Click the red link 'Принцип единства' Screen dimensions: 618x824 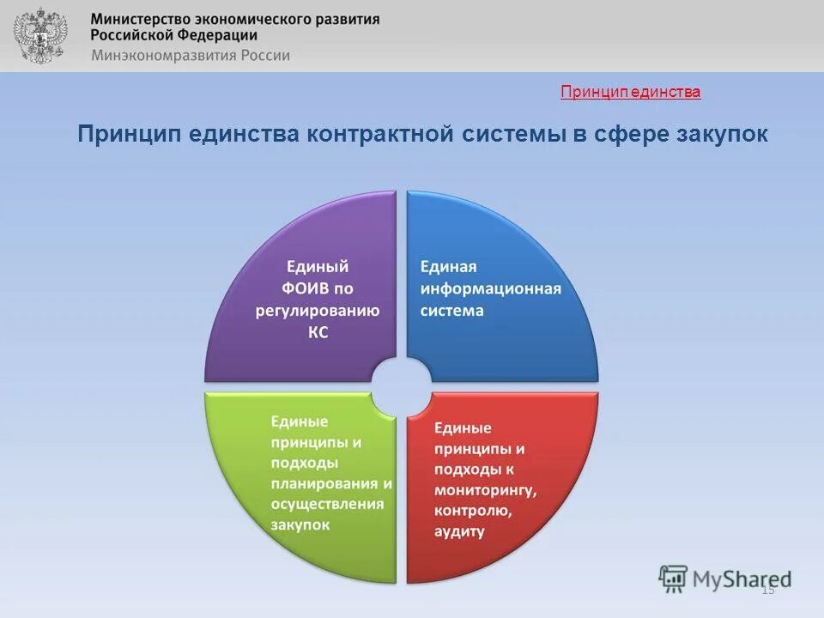pyautogui.click(x=630, y=92)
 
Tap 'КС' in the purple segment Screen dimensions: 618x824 pyautogui.click(x=317, y=332)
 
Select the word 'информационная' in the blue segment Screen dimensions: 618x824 pyautogui.click(x=490, y=288)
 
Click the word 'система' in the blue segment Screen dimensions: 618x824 pyautogui.click(x=451, y=311)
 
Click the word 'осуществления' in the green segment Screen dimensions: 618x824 pyautogui.click(x=327, y=504)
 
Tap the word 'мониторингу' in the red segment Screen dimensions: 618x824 pyautogui.click(x=484, y=490)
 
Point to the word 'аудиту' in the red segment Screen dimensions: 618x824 pyautogui.click(x=459, y=531)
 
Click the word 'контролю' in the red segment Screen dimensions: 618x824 pyautogui.click(x=473, y=511)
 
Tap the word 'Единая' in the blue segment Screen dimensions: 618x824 pyautogui.click(x=447, y=267)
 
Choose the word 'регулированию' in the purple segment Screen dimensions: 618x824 pyautogui.click(x=317, y=311)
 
